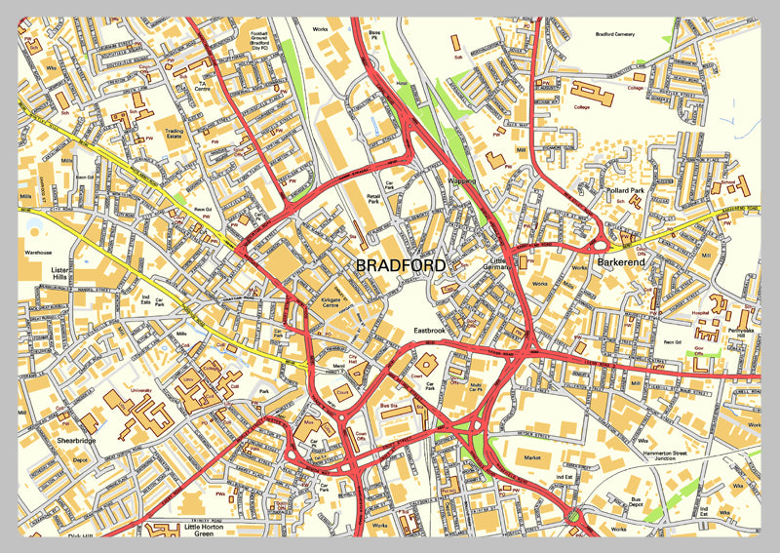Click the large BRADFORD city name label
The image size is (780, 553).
400,265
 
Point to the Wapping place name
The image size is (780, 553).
462,181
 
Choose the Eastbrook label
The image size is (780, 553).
428,331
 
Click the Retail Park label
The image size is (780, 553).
372,200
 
